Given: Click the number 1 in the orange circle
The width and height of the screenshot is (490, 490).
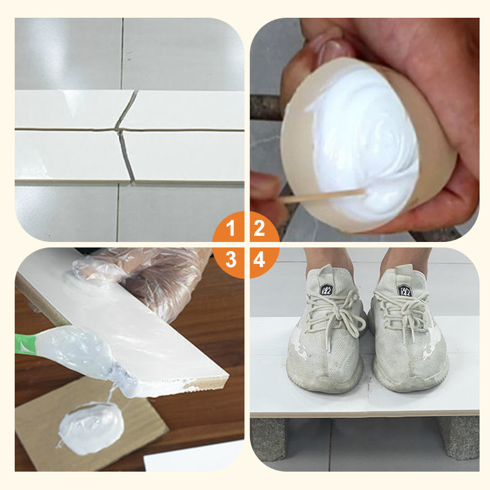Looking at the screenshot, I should coord(230,230).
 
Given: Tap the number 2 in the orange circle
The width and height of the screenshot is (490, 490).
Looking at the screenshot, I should coord(260,230).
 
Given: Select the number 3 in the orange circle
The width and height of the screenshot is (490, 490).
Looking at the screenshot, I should coord(230,260).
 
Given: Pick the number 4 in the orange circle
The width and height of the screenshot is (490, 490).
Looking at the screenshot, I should coord(260,260).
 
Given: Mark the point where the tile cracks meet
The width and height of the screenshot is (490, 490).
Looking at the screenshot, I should coord(119,129).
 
